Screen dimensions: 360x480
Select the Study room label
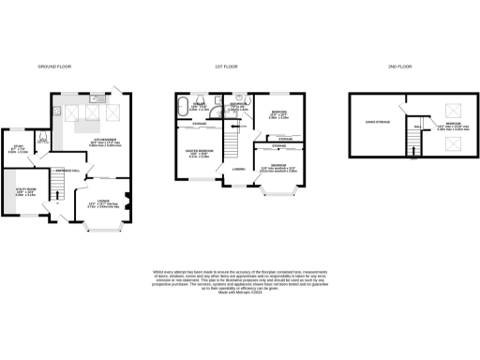19,146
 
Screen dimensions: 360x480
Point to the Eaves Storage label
375,123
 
